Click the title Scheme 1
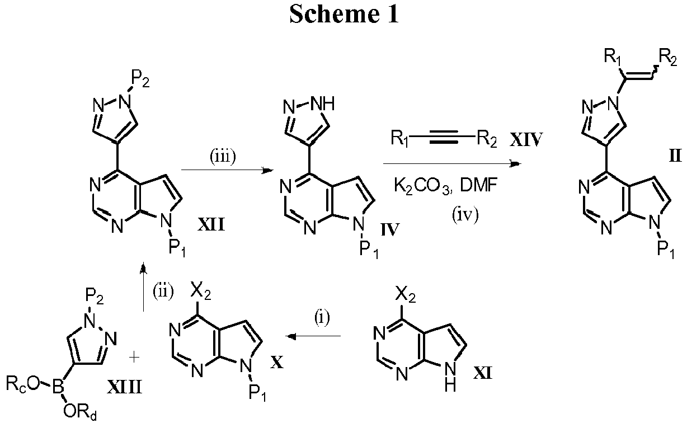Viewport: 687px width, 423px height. pyautogui.click(x=344, y=14)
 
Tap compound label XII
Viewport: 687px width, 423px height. pyautogui.click(x=211, y=224)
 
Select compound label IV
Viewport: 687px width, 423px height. pyautogui.click(x=390, y=229)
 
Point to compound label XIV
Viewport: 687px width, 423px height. pyautogui.click(x=526, y=139)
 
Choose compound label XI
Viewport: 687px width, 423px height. pyautogui.click(x=483, y=373)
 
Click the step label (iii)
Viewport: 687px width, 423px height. pyautogui.click(x=223, y=157)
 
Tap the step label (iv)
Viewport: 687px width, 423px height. pyautogui.click(x=465, y=215)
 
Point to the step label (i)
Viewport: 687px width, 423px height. pyautogui.click(x=322, y=318)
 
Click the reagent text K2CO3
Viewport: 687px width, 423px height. pyautogui.click(x=422, y=186)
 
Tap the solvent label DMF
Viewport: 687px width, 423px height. pyautogui.click(x=478, y=185)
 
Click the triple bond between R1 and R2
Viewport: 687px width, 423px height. pyautogui.click(x=444, y=139)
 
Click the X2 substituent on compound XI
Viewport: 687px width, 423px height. pyautogui.click(x=405, y=295)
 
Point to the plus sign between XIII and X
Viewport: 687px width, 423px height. pyautogui.click(x=134, y=358)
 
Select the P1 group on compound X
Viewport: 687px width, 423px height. pyautogui.click(x=257, y=393)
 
